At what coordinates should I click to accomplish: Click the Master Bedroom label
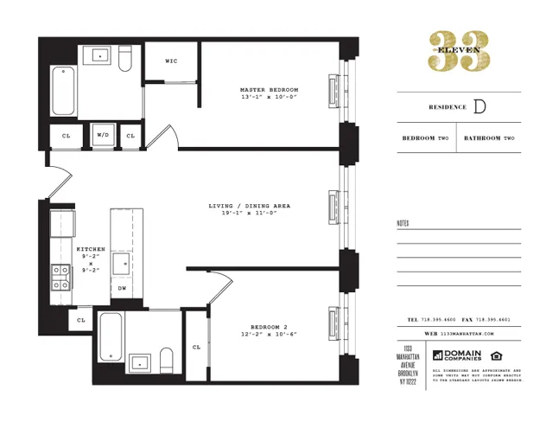tap(269, 90)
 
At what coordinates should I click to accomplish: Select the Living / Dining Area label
tap(249, 206)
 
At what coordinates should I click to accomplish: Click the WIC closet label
tap(171, 61)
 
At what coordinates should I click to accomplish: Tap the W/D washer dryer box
tap(103, 136)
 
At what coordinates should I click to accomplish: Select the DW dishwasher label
tap(122, 288)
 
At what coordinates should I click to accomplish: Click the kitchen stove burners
tap(61, 277)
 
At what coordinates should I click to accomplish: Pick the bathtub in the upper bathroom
tap(64, 93)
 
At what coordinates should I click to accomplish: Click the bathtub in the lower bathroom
tap(110, 339)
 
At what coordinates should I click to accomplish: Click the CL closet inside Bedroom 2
tap(196, 347)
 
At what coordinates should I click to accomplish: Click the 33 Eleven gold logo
tap(459, 51)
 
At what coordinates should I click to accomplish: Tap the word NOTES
tap(403, 223)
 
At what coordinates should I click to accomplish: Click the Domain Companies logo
tap(460, 355)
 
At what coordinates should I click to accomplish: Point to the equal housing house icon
tap(496, 355)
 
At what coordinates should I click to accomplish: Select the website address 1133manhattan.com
tap(467, 333)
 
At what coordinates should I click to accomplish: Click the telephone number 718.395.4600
tap(439, 320)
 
